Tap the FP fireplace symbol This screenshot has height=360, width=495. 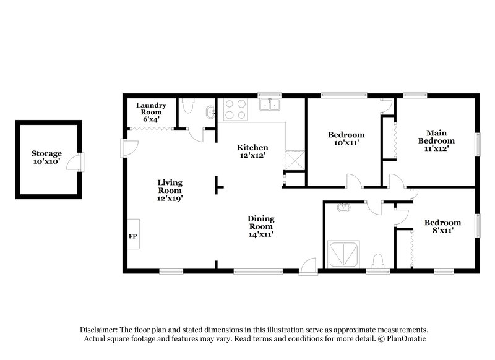tap(132, 236)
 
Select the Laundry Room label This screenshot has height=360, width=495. tap(151, 112)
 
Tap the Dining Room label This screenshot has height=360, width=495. tap(260, 226)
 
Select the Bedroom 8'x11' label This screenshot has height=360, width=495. tap(442, 226)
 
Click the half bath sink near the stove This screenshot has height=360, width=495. tap(211, 112)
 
